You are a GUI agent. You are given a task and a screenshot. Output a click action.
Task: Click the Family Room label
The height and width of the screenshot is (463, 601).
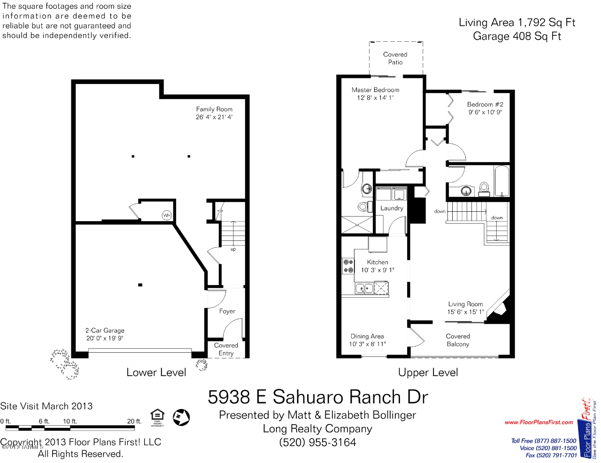tap(214, 109)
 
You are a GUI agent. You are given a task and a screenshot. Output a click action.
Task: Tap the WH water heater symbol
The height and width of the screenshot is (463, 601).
tap(167, 216)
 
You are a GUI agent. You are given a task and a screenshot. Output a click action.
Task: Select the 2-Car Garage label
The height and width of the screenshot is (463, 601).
tap(105, 330)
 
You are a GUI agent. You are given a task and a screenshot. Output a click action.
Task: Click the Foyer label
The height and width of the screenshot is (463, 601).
tap(227, 311)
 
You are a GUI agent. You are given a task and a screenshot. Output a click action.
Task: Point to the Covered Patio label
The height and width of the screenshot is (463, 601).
tap(395, 58)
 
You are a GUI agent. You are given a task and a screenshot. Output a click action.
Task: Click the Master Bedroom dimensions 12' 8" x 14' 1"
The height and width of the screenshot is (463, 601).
tap(375, 98)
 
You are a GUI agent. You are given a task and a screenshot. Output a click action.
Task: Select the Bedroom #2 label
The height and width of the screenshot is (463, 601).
tap(485, 104)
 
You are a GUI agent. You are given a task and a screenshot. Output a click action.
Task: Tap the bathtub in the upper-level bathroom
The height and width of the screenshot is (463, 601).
tap(501, 181)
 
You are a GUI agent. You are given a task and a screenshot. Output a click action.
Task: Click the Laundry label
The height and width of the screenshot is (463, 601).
tap(392, 208)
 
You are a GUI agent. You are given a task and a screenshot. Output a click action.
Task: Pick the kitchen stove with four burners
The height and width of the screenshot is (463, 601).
tap(348, 266)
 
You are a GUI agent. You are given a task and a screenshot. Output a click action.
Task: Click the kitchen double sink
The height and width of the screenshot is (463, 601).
tap(364, 288)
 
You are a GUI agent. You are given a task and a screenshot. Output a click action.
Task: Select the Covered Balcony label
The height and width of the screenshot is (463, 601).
tap(458, 340)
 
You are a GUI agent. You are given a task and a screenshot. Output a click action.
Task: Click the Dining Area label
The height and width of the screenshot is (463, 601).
tap(367, 336)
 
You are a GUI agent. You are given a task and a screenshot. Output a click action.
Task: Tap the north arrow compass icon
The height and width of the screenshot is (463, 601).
tap(181, 417)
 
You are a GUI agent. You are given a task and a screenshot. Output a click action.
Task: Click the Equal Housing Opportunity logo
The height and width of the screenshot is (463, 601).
tap(157, 417)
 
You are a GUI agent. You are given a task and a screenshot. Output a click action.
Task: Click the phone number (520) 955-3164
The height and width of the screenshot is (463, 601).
tap(317, 442)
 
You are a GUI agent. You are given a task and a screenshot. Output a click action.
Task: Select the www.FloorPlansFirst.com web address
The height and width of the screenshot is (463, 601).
tap(539, 422)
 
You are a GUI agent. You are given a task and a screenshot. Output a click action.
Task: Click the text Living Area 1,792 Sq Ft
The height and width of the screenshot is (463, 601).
tap(517, 23)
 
